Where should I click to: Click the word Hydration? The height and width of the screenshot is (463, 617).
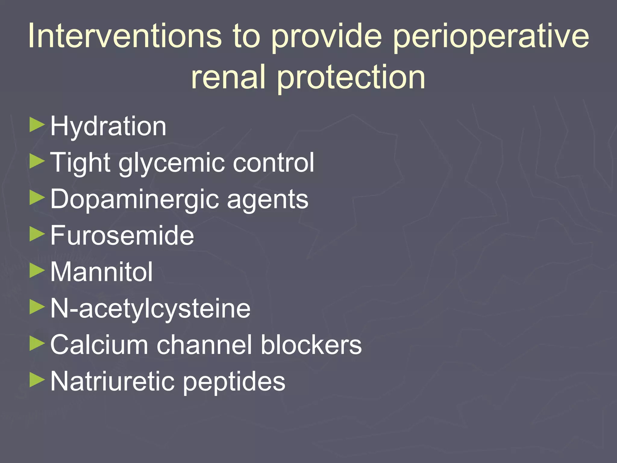(108, 127)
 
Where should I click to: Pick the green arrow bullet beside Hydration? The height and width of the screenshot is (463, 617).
(37, 125)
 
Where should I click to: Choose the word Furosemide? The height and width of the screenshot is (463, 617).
(122, 235)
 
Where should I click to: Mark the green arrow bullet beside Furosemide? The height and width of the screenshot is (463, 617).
(37, 235)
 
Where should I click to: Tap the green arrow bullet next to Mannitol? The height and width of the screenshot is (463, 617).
(37, 271)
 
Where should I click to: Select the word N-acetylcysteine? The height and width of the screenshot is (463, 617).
(150, 309)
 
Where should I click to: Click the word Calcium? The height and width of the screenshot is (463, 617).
(99, 345)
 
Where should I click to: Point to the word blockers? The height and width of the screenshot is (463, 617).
(311, 345)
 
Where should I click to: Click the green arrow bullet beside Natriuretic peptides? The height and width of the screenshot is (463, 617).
(37, 380)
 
